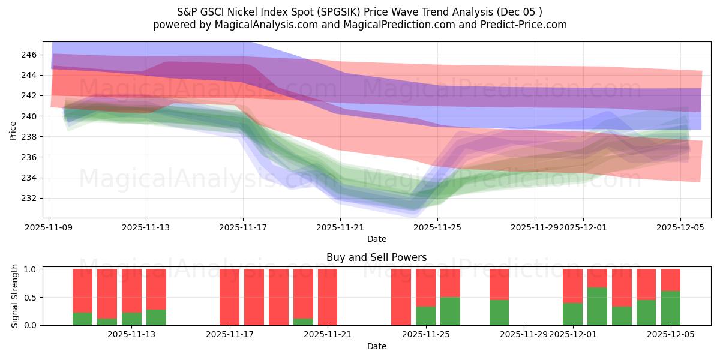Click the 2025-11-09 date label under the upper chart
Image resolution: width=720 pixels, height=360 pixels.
(49, 228)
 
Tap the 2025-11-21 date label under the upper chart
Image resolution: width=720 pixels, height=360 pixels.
(340, 228)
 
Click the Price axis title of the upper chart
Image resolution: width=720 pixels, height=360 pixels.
(13, 130)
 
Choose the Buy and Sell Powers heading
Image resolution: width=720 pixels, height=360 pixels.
(376, 257)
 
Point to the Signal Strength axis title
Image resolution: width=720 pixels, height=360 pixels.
(14, 296)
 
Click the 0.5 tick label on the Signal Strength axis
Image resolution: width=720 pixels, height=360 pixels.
(30, 298)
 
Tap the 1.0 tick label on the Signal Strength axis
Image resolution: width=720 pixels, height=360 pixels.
(30, 269)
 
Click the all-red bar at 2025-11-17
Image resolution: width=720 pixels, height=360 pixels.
(229, 297)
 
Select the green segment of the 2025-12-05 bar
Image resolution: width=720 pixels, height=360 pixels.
(671, 308)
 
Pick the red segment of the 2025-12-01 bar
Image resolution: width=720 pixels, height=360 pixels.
(572, 286)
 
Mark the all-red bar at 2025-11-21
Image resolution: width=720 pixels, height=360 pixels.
(328, 297)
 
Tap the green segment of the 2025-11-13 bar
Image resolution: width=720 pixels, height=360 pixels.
(131, 319)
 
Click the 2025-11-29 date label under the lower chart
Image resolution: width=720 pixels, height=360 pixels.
(524, 334)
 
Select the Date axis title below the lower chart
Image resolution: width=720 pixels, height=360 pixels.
(376, 346)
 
